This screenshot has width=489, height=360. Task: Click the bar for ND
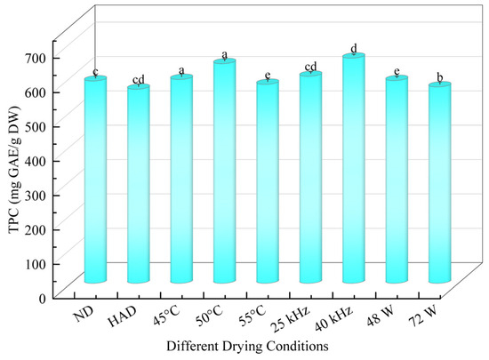pos(95,180)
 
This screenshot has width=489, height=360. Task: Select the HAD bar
pos(139,184)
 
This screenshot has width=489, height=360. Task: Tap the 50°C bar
pos(225,171)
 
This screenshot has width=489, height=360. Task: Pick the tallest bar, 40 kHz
pos(354,168)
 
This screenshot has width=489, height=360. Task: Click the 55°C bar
pos(268,181)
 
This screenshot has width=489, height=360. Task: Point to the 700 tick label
pos(36,58)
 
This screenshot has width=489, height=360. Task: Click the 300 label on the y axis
pos(36,196)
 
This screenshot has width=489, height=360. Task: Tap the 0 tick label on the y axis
pos(43,299)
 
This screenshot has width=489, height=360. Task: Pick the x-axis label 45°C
pos(166,316)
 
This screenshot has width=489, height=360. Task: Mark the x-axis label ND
pos(84,315)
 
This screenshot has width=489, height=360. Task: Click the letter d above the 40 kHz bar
pos(354,49)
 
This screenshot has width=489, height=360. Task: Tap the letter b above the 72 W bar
pos(440,77)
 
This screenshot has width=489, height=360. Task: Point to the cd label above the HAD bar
pos(139,80)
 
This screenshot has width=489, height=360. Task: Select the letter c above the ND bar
pos(95,72)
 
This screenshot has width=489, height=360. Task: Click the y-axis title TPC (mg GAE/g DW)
pos(14,170)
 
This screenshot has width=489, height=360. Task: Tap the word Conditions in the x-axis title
pos(299,346)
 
